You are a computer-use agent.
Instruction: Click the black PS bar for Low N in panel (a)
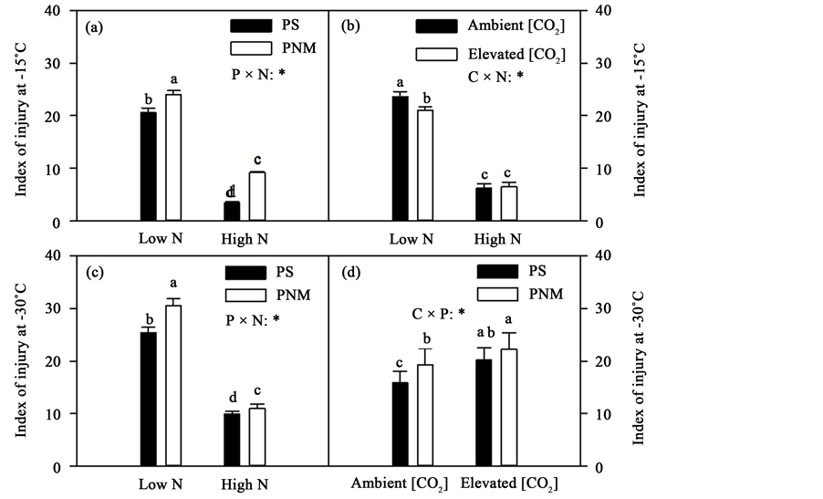[148, 166]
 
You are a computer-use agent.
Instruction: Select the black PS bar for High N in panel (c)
[232, 440]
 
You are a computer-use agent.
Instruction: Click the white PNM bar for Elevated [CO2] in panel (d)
[508, 408]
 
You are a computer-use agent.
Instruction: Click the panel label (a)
[94, 27]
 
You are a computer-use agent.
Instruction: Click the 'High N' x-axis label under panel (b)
[498, 239]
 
